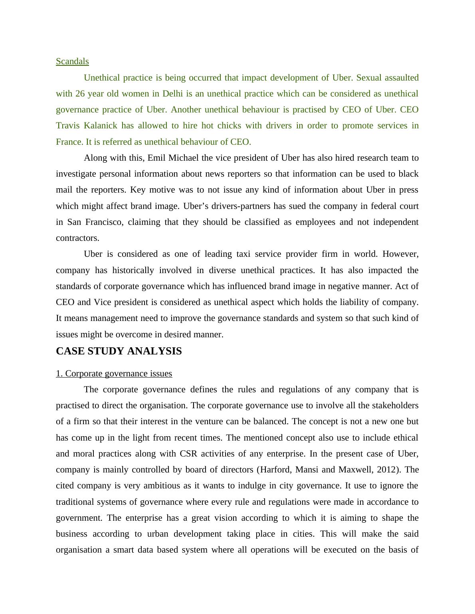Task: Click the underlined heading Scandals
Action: pyautogui.click(x=72, y=61)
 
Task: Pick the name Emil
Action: pyautogui.click(x=156, y=158)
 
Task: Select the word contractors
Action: pyautogui.click(x=77, y=238)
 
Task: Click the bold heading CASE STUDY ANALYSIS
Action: pyautogui.click(x=119, y=351)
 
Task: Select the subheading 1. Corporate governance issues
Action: pyautogui.click(x=114, y=374)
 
